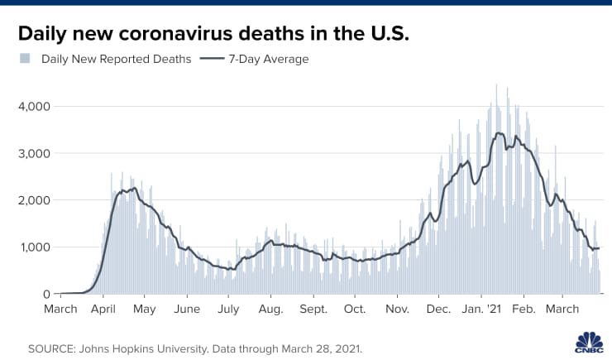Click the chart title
click(x=213, y=34)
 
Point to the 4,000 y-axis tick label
click(x=35, y=107)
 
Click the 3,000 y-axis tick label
click(x=35, y=154)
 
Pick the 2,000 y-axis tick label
click(x=35, y=200)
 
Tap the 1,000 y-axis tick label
click(x=35, y=247)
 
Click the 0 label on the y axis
click(x=47, y=294)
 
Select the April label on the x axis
click(x=103, y=310)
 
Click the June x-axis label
click(x=187, y=310)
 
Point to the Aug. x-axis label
click(x=270, y=310)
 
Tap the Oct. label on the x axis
click(x=355, y=310)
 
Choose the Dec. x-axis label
click(x=438, y=310)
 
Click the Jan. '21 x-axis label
click(x=482, y=310)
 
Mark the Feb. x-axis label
click(x=523, y=310)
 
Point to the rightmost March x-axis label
click(x=562, y=310)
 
